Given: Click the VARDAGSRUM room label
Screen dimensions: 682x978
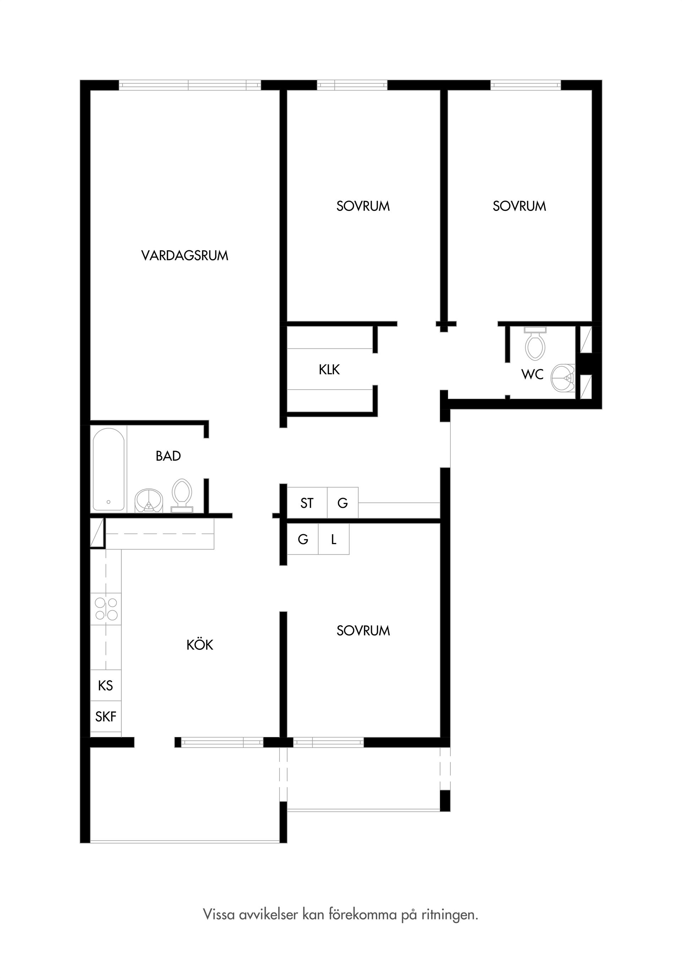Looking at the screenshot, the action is tap(184, 256).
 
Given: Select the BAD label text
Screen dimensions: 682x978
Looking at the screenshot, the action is tap(168, 456).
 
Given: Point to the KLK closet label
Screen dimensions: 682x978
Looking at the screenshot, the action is tap(329, 370).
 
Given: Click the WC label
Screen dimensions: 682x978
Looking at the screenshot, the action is tap(532, 374).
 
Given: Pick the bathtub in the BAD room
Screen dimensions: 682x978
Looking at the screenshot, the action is tap(109, 469).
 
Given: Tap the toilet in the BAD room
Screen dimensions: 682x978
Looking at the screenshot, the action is tap(182, 495).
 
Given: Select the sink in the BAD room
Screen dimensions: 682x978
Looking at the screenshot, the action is tap(149, 500).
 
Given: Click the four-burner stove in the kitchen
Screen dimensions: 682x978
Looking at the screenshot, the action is tap(106, 609).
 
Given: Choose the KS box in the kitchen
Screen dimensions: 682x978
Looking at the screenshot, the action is tap(105, 685).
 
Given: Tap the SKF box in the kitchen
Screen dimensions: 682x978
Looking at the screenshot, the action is tap(105, 717).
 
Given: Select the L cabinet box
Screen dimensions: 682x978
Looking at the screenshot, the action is tap(334, 539).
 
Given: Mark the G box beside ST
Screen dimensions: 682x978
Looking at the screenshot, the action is tap(342, 503).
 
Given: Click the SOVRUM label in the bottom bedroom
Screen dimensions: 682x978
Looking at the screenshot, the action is tap(363, 630).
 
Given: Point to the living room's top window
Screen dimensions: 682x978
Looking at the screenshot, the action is tap(190, 85).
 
